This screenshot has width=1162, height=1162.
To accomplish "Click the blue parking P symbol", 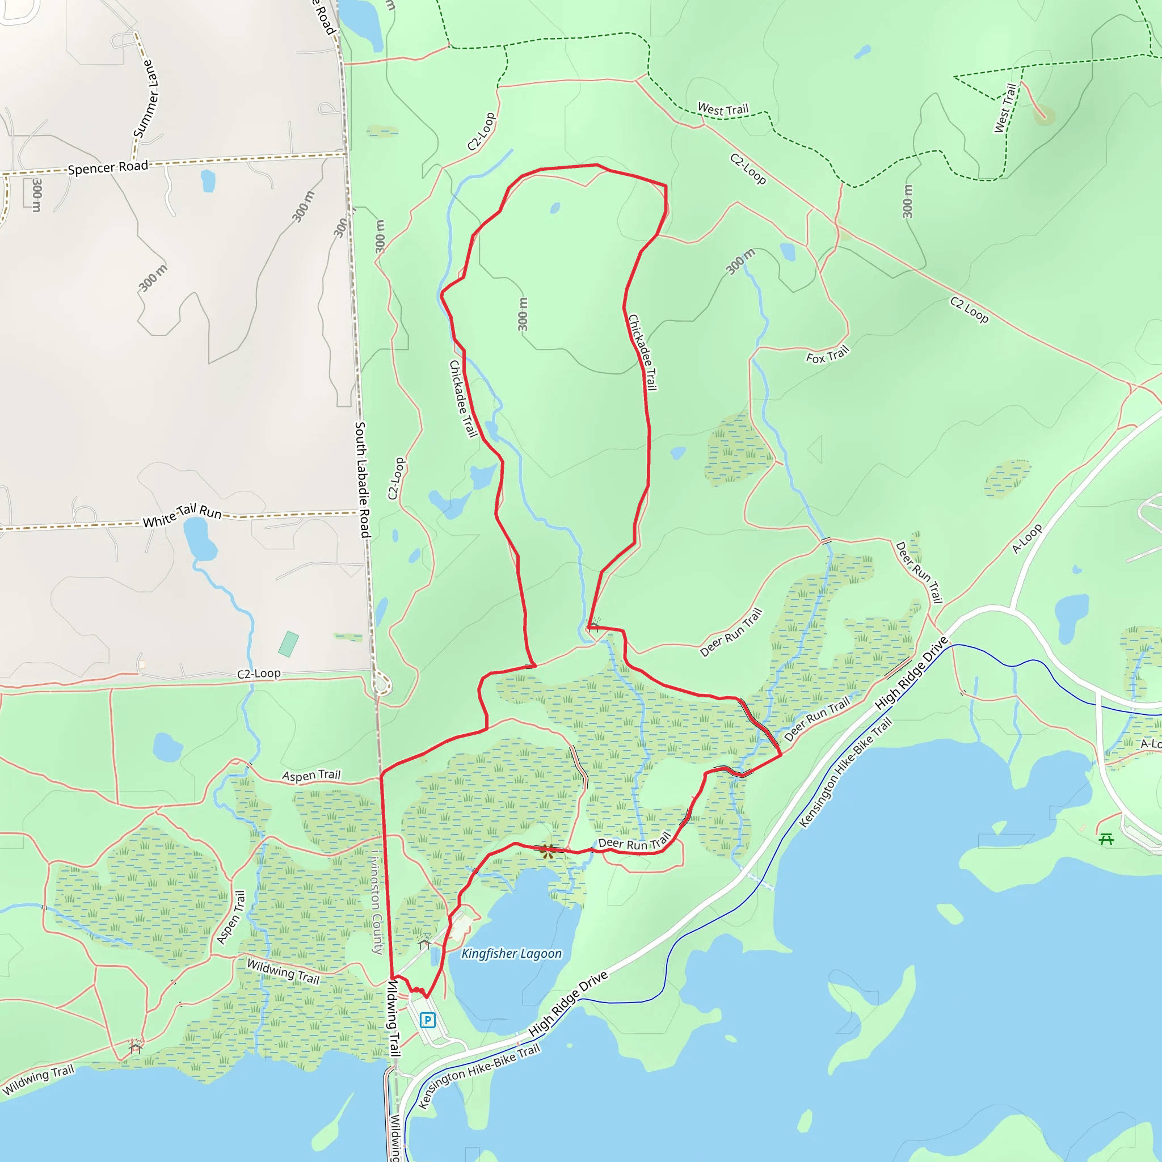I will click(428, 1020).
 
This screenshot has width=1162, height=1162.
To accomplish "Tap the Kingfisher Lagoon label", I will click(511, 954).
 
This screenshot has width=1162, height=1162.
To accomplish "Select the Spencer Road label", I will click(108, 168).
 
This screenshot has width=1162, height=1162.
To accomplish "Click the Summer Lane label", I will click(146, 99).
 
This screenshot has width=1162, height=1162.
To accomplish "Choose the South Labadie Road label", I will click(362, 479).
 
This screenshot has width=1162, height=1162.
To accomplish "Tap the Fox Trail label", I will click(828, 355).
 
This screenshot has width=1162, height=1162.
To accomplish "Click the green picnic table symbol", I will click(1106, 839).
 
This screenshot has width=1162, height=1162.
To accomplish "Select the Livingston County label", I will click(377, 902).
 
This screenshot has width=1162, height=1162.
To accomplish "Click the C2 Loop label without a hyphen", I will click(970, 310).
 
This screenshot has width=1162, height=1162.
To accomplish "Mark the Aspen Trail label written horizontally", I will click(311, 775).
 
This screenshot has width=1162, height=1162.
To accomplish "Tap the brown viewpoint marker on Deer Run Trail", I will click(547, 851).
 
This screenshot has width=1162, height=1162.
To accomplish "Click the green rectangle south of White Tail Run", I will click(289, 644).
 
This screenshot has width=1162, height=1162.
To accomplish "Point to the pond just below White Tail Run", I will click(199, 538).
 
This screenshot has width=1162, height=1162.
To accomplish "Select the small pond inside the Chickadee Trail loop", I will click(554, 208).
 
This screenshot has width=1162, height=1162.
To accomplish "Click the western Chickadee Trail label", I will click(463, 399).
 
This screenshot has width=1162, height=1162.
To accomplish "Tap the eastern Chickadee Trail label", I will click(642, 352).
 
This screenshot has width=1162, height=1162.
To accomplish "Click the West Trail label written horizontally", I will click(723, 110).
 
